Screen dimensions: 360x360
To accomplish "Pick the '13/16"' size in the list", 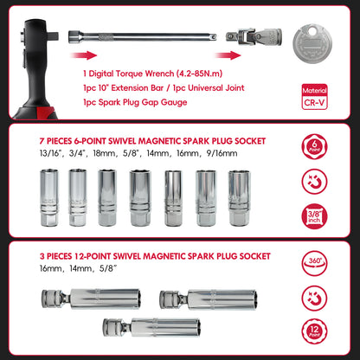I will tap(41, 157).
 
